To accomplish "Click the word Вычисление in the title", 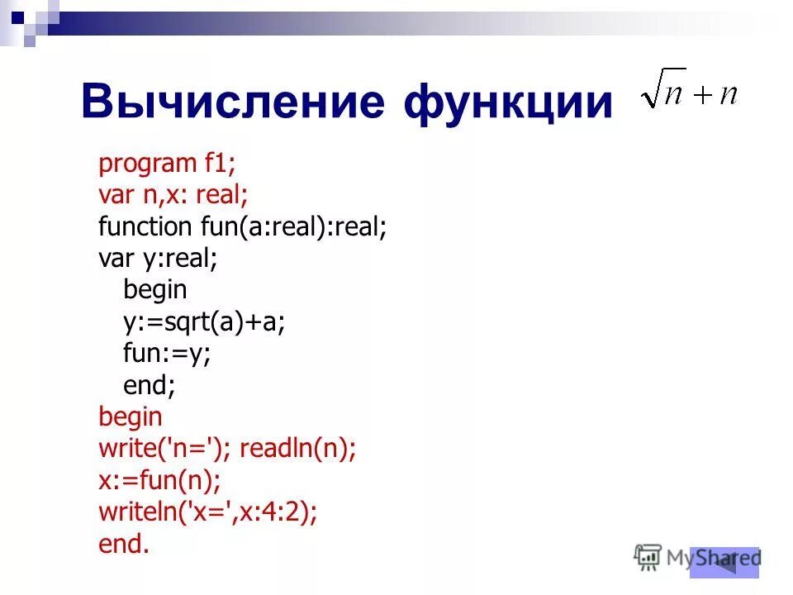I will [x=233, y=102].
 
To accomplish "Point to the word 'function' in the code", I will [x=145, y=226].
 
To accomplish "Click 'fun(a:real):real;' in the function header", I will [x=293, y=226].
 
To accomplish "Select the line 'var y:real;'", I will [x=158, y=258].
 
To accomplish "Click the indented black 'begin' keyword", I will [x=155, y=289].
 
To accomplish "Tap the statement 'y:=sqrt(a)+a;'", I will [x=204, y=321].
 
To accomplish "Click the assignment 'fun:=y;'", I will [x=167, y=353].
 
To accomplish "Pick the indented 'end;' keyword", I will [x=150, y=384].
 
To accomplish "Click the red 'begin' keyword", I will [x=131, y=416].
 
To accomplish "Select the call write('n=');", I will [x=164, y=448].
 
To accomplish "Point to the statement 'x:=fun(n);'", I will [x=159, y=479].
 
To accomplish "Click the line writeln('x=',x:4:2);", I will [x=207, y=512].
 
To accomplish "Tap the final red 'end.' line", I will [x=124, y=543].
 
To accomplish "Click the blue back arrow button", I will [x=724, y=562].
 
